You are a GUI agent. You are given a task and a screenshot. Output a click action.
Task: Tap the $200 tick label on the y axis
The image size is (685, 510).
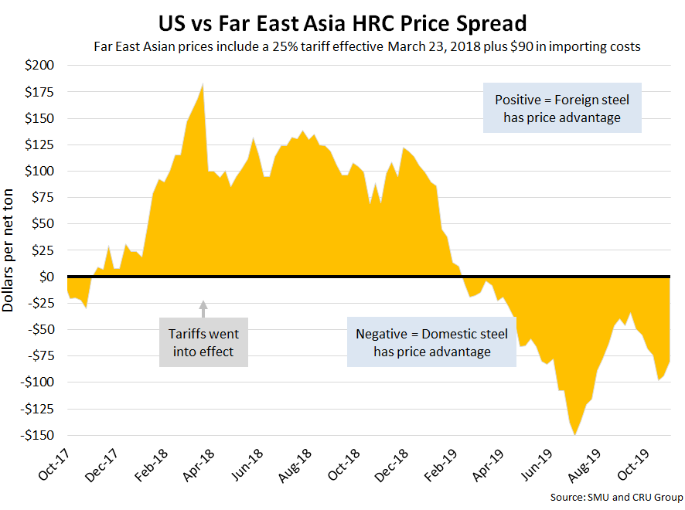click(39, 66)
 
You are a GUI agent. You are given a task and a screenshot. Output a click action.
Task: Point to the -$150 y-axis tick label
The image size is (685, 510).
click(36, 435)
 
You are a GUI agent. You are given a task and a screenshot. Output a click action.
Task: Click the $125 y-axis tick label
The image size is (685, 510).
click(39, 145)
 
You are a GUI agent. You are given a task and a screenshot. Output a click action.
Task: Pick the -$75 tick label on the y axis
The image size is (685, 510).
click(39, 356)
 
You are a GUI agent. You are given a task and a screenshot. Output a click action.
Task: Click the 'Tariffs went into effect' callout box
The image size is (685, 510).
click(203, 342)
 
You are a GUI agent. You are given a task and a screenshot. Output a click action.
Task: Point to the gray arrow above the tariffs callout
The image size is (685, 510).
click(203, 308)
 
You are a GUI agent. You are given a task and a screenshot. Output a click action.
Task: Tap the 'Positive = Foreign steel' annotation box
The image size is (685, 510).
click(562, 108)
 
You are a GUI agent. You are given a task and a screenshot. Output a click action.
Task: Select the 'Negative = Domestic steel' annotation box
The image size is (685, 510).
click(431, 342)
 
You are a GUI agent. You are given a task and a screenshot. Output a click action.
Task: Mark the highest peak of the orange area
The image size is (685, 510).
click(202, 84)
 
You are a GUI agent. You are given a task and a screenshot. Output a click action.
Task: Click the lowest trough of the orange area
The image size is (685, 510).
click(575, 434)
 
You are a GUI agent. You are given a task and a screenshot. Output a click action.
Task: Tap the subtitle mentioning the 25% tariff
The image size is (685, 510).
click(366, 46)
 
